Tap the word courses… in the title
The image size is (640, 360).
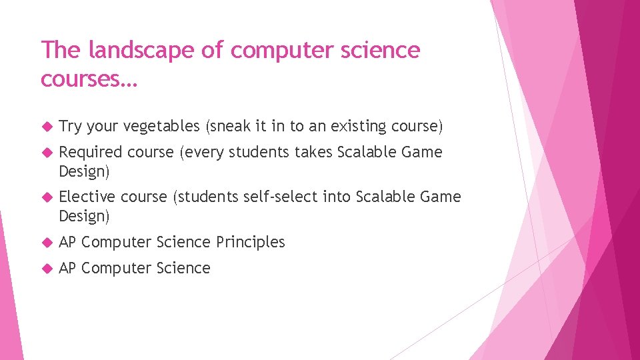point(88,79)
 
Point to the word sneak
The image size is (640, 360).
point(231,126)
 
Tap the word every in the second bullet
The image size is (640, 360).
point(203,152)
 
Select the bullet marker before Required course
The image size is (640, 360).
point(46,153)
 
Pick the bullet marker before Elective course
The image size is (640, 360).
point(46,197)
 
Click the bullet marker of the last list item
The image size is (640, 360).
point(46,269)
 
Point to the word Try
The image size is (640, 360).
point(69,126)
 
